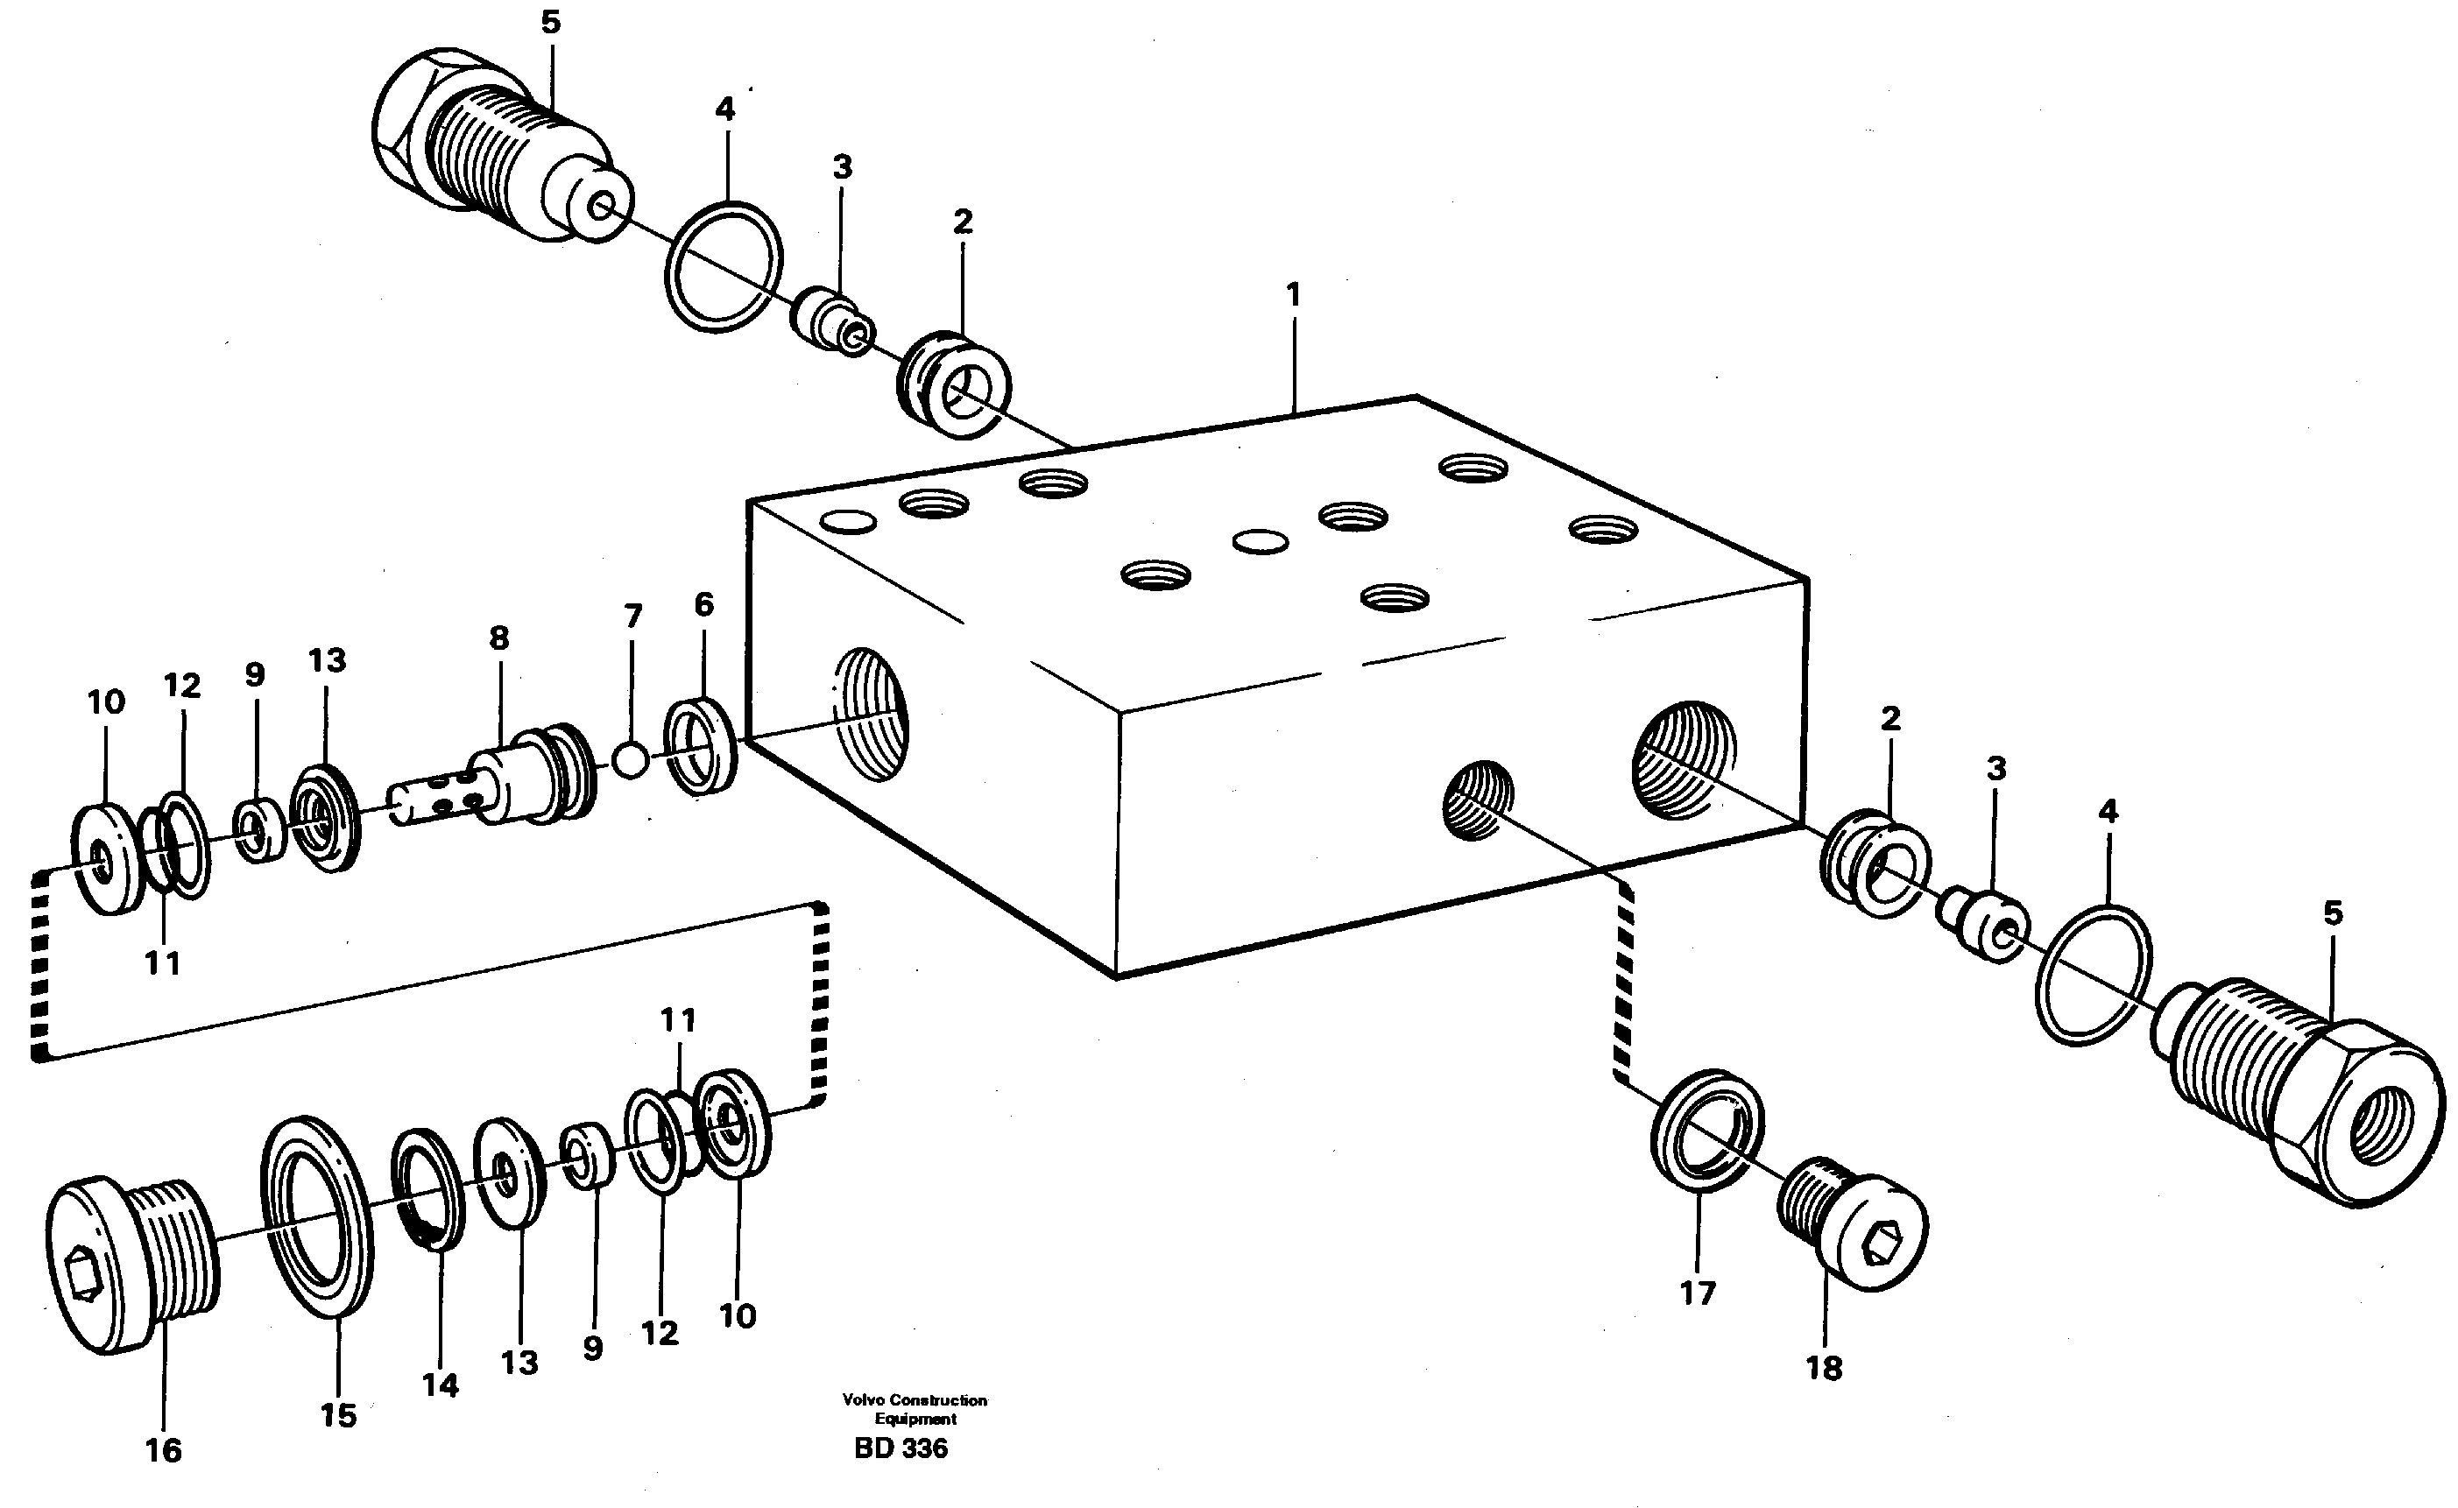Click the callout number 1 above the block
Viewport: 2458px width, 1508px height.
click(1293, 295)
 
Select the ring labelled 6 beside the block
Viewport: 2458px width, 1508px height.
click(702, 747)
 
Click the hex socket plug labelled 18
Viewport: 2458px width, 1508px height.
click(1854, 1223)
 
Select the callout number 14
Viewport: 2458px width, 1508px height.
click(440, 1385)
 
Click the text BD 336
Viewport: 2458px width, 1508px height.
click(901, 1448)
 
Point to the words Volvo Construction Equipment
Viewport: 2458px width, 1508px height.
click(915, 1409)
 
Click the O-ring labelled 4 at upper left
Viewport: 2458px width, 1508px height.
click(724, 266)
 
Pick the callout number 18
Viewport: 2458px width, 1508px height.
click(1824, 1369)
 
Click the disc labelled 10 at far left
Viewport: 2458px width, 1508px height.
click(106, 857)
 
